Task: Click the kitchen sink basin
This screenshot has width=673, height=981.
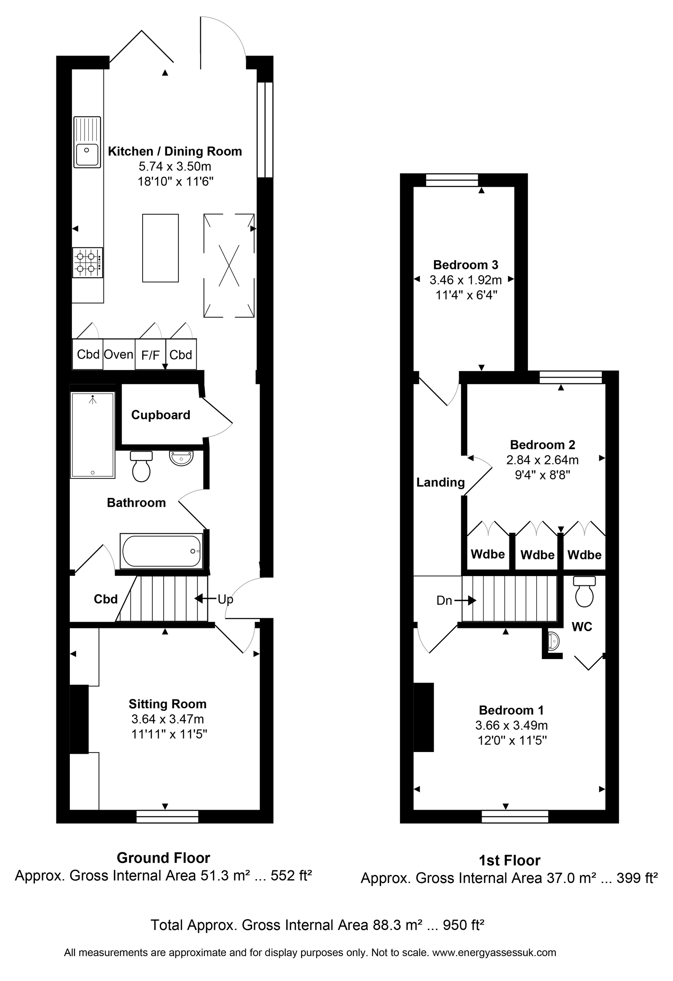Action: click(x=87, y=155)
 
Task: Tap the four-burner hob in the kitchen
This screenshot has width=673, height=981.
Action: click(x=87, y=263)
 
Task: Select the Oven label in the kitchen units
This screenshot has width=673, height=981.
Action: click(x=119, y=354)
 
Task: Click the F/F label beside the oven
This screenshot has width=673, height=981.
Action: click(x=151, y=355)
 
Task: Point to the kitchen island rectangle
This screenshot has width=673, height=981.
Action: click(x=160, y=248)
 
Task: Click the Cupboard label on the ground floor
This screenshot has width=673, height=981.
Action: click(x=161, y=415)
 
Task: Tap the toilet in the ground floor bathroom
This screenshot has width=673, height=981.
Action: click(x=141, y=466)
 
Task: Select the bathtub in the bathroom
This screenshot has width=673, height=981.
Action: click(x=162, y=551)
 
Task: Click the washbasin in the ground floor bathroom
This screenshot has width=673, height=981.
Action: click(x=181, y=458)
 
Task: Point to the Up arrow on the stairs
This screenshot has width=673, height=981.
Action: click(x=206, y=598)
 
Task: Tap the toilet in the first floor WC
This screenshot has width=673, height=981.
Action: click(x=584, y=592)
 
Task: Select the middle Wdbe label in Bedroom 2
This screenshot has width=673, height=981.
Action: click(x=538, y=555)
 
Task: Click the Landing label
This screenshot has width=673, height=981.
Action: click(x=440, y=482)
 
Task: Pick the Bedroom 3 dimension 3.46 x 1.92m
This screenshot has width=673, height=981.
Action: click(x=466, y=280)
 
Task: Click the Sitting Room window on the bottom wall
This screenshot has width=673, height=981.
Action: click(x=167, y=816)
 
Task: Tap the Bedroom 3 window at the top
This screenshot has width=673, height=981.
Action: click(x=452, y=180)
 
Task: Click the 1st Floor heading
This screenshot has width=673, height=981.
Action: click(x=510, y=861)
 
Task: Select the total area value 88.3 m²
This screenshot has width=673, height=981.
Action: click(x=397, y=925)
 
